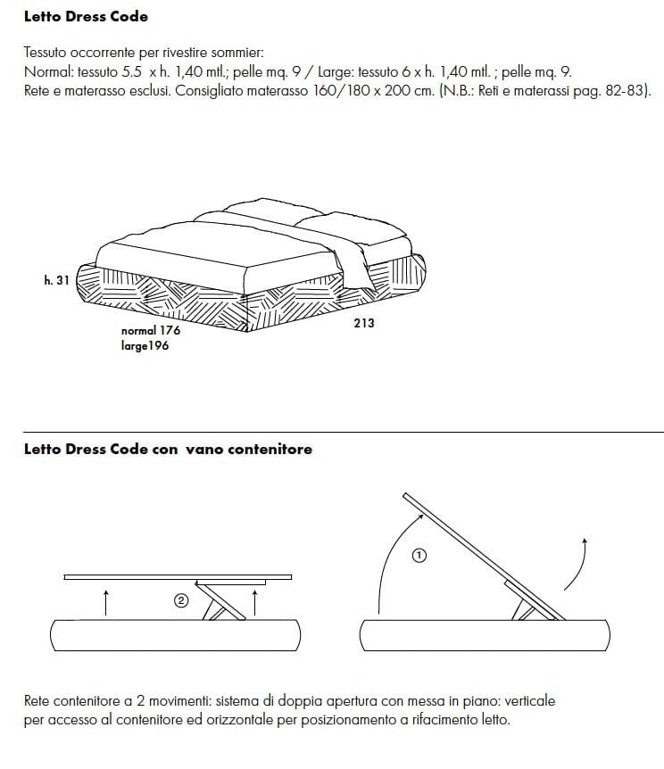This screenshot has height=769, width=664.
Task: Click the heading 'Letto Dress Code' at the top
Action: point(86,17)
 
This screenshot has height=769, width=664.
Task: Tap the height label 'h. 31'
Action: point(55,280)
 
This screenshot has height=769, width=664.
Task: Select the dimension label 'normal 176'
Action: point(150,330)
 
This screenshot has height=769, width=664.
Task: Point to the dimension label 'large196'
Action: point(145,345)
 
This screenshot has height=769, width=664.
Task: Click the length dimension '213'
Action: point(364,323)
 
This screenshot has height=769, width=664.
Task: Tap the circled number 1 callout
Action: point(419,556)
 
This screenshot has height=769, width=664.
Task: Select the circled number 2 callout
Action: point(180,601)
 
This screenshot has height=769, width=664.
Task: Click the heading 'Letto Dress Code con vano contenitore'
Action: point(168,450)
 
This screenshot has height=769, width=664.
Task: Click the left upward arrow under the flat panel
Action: point(106,601)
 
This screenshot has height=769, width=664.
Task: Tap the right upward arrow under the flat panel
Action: point(255,601)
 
